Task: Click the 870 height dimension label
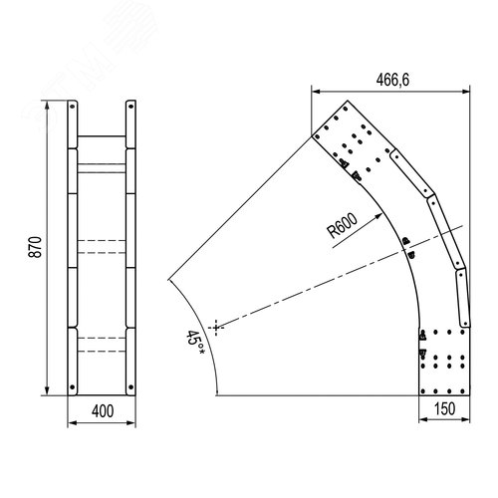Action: (x=35, y=247)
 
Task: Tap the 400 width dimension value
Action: (x=103, y=411)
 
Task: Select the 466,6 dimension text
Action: (x=392, y=80)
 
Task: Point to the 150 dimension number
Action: (x=444, y=408)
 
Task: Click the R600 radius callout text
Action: (x=343, y=225)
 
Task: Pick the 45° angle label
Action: (x=194, y=342)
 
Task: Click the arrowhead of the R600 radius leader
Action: (x=378, y=216)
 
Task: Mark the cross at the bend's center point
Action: (x=216, y=328)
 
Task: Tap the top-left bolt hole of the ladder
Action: (x=72, y=107)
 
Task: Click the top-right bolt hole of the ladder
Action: (x=130, y=107)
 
